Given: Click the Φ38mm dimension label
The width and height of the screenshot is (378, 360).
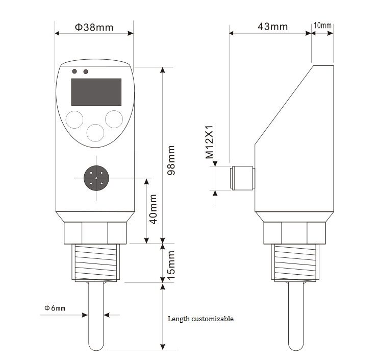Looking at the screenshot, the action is [94, 27].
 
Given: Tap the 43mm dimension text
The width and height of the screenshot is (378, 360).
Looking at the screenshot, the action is [272, 27].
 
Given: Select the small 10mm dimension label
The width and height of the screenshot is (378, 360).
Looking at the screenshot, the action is [322, 26].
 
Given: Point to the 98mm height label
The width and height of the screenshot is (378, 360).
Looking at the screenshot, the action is [171, 160].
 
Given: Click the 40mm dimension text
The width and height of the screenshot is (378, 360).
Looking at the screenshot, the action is [154, 209].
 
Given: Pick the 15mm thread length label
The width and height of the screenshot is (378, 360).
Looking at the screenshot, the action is [171, 265].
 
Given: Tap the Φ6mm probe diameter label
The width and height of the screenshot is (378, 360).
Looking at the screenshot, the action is [55, 308].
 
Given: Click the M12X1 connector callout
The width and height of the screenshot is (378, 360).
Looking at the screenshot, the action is [210, 142].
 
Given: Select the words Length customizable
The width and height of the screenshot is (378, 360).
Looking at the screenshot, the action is [200, 319].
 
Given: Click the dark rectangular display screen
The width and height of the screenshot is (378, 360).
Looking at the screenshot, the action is [96, 92].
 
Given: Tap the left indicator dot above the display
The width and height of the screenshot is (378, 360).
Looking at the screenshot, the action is [74, 71].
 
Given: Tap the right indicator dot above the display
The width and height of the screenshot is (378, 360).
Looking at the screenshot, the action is [86, 71].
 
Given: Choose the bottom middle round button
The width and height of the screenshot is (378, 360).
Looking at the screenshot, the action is [95, 133].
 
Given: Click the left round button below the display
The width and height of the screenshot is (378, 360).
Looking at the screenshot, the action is [74, 119].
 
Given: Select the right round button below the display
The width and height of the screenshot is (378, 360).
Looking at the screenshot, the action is [114, 119].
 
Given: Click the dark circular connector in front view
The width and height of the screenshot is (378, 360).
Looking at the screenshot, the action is [96, 178].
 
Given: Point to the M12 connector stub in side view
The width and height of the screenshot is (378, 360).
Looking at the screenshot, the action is [242, 178].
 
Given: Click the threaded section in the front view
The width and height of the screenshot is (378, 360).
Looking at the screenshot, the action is [96, 263].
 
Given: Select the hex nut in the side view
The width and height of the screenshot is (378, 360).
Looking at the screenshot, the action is [294, 233].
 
